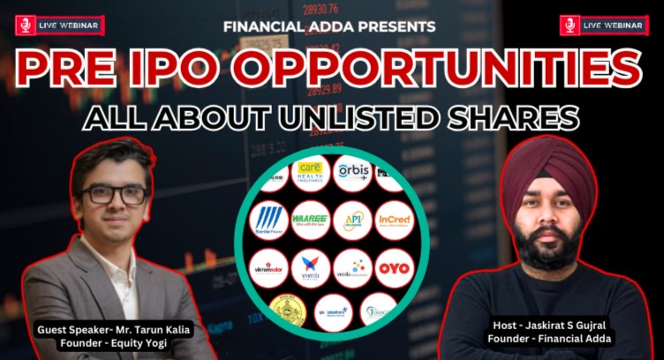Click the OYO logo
(x=394, y=266)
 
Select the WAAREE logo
(x=311, y=220)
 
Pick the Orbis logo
(x=352, y=171)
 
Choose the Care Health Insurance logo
(x=310, y=171)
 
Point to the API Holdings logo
(x=353, y=220)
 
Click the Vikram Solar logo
(x=268, y=267)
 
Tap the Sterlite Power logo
(x=268, y=221)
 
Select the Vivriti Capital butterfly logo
(x=311, y=267)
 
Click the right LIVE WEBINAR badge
(x=604, y=26)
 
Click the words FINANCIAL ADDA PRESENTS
(x=329, y=26)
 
